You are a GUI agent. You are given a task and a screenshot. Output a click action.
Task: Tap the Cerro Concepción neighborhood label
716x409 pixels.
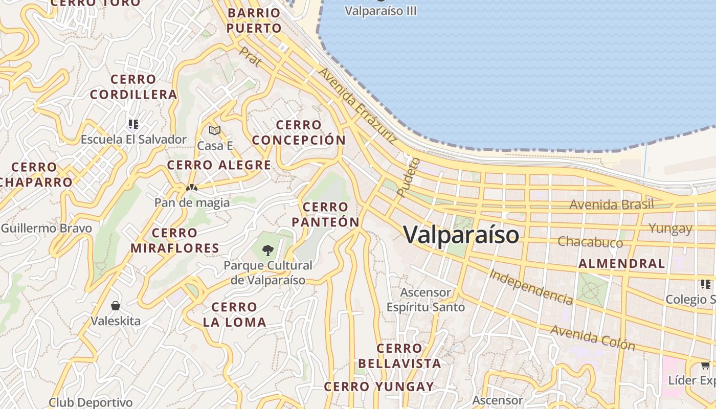[x=299, y=132]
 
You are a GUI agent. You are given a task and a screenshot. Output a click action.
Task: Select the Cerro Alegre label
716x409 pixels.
[x=219, y=165]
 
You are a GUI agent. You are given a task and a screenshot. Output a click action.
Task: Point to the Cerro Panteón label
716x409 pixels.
[x=325, y=214]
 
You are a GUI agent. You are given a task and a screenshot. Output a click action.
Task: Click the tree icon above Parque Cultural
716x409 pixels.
[x=267, y=250]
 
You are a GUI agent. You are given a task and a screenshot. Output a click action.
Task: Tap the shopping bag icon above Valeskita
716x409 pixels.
[x=116, y=306]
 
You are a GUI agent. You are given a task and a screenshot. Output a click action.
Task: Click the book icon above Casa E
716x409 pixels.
[x=215, y=131]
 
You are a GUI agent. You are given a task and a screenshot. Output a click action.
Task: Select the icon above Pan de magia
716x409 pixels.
[x=192, y=188]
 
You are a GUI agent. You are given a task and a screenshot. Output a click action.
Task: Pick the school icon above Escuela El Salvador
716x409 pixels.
[x=133, y=124]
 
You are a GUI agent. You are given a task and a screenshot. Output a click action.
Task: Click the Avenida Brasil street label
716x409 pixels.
[x=612, y=204]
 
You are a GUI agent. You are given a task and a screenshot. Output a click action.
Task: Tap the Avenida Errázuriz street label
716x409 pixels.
[x=357, y=104]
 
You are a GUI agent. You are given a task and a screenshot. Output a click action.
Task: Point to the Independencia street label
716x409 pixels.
[x=531, y=286]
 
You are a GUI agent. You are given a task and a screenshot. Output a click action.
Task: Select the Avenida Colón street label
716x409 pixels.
[x=593, y=337]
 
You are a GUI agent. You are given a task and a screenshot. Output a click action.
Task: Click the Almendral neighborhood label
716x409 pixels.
[x=621, y=264]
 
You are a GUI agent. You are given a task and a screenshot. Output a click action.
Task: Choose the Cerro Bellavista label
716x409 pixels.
[x=399, y=356]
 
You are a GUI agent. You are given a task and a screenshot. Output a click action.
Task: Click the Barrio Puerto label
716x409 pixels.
[x=254, y=20]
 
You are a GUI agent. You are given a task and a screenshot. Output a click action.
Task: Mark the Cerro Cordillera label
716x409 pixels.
[x=133, y=87]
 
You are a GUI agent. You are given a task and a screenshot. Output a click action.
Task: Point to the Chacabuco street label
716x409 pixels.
[x=590, y=241]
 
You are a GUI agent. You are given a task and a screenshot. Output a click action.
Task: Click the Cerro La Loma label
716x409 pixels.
[x=234, y=314]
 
